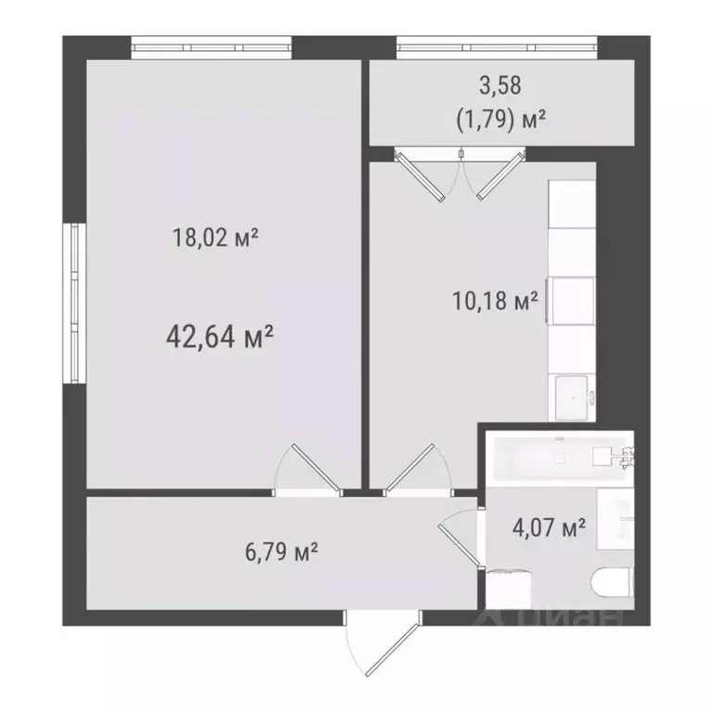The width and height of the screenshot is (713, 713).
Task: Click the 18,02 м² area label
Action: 214,239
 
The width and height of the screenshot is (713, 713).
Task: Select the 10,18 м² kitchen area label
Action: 494,302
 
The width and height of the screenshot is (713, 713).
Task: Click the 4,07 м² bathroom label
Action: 549,529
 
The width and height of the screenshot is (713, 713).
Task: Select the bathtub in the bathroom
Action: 557,459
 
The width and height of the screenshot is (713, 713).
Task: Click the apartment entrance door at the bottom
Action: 375,646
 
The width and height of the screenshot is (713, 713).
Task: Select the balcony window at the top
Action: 496,45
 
